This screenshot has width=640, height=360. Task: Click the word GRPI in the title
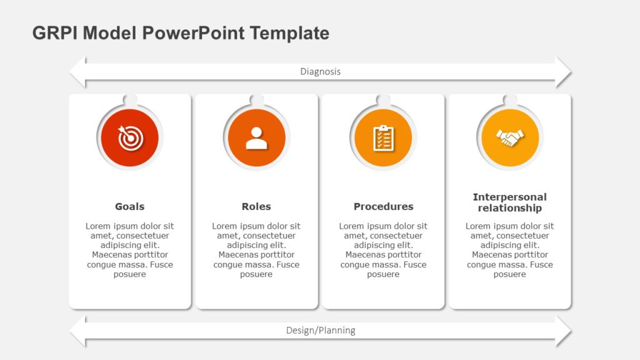(55, 33)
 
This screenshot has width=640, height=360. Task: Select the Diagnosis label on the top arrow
(320, 72)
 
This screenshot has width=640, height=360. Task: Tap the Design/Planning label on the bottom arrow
(320, 331)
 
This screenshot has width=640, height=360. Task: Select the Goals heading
(129, 207)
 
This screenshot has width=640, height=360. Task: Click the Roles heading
(256, 207)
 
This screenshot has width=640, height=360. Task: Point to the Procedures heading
(383, 207)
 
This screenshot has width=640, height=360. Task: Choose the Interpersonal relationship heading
(509, 202)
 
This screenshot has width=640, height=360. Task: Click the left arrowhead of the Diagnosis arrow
(78, 72)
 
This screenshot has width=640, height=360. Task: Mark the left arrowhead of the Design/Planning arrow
(78, 331)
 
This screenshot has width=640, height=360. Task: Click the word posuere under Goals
(130, 274)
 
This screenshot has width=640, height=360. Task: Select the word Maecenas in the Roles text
(236, 255)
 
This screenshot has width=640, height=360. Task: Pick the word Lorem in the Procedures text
(351, 226)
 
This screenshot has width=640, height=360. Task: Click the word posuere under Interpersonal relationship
(509, 274)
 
